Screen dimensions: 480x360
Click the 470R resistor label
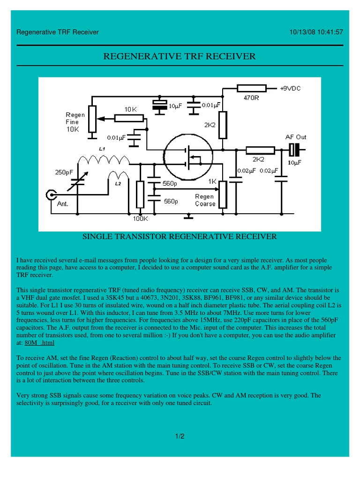251,99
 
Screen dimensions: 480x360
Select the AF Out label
295,137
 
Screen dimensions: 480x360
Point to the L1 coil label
102,149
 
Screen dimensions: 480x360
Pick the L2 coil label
118,184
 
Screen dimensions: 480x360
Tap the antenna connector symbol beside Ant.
50,194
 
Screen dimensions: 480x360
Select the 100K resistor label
140,218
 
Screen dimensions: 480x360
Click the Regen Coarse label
205,200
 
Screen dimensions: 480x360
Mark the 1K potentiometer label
212,181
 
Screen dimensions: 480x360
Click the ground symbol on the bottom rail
188,217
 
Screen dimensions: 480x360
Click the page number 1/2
180,436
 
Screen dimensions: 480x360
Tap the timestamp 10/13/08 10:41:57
316,32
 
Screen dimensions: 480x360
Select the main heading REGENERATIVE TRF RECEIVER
180,57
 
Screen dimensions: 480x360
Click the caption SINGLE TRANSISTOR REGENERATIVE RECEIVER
180,237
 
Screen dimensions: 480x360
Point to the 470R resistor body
251,88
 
